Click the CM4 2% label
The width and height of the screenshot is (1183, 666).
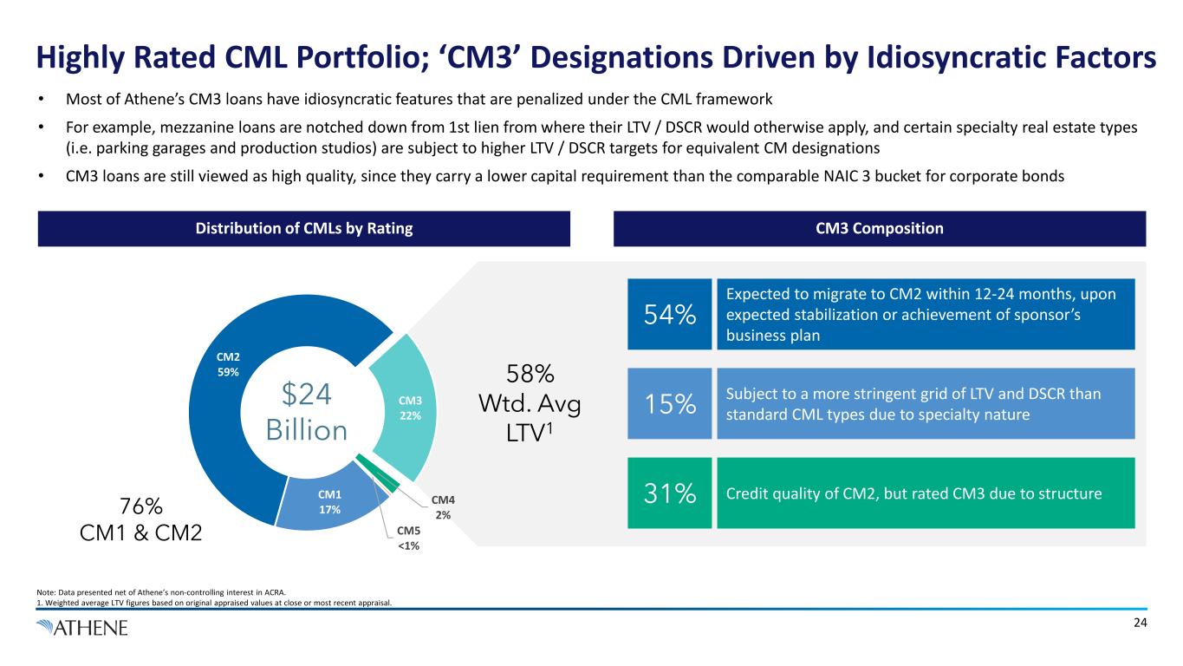pyautogui.click(x=444, y=507)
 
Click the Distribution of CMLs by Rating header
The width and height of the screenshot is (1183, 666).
pyautogui.click(x=303, y=229)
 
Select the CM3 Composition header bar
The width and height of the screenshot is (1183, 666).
pyautogui.click(x=879, y=229)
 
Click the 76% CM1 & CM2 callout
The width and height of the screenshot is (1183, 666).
pyautogui.click(x=140, y=519)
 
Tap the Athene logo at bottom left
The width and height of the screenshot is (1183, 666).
pyautogui.click(x=81, y=627)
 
